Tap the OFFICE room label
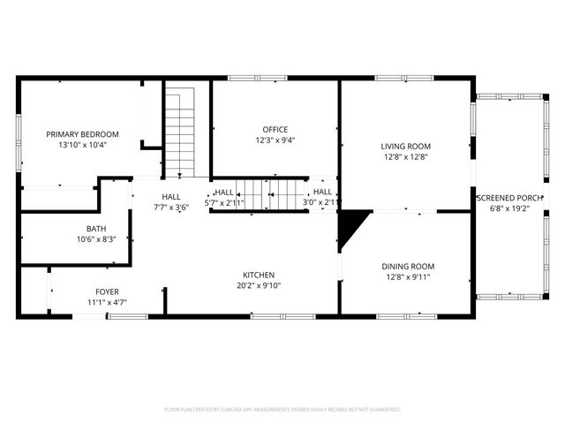pyautogui.click(x=275, y=129)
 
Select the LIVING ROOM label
pyautogui.click(x=405, y=147)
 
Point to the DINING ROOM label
pyautogui.click(x=408, y=267)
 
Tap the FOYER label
pyautogui.click(x=107, y=291)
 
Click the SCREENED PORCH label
pyautogui.click(x=509, y=198)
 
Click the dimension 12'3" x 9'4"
pyautogui.click(x=275, y=140)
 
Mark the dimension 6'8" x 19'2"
pyautogui.click(x=509, y=208)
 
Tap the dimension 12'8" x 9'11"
pyautogui.click(x=408, y=277)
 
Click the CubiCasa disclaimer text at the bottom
pyautogui.click(x=282, y=410)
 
